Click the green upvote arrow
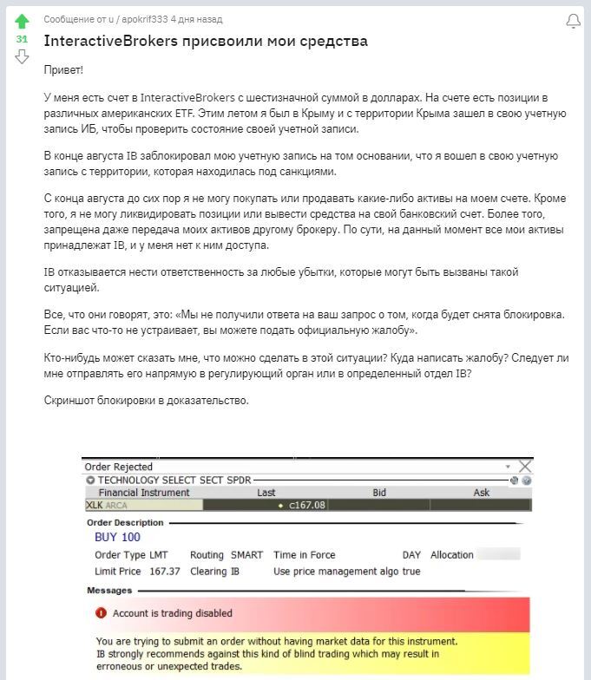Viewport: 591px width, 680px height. [x=22, y=21]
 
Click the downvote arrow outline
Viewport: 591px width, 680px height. [x=22, y=57]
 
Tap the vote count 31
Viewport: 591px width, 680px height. [x=22, y=39]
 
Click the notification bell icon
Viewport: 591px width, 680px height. [x=573, y=22]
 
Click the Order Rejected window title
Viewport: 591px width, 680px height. [x=119, y=467]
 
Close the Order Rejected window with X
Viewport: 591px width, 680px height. [x=524, y=467]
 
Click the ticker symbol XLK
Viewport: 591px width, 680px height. [x=94, y=505]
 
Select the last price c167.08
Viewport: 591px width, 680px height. [x=307, y=505]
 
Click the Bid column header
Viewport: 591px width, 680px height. [x=379, y=493]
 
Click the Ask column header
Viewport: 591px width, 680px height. [x=481, y=493]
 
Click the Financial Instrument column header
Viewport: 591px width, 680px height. [x=143, y=493]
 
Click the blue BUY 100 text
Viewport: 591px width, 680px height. [x=117, y=537]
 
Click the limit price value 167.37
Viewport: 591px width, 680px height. [x=165, y=572]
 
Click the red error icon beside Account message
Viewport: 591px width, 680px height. [x=101, y=613]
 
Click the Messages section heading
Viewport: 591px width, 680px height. [x=109, y=591]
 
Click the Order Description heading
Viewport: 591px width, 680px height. [x=125, y=523]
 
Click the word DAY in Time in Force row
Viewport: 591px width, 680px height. [x=411, y=555]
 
